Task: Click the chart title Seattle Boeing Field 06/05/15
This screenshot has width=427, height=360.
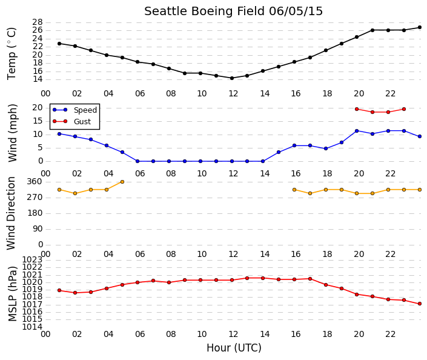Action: [x=233, y=12]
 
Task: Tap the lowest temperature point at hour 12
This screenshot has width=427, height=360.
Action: [x=232, y=78]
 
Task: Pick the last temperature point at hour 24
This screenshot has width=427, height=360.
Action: [x=420, y=27]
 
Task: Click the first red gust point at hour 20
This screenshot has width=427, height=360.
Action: [x=357, y=109]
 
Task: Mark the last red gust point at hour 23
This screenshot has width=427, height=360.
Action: [x=404, y=109]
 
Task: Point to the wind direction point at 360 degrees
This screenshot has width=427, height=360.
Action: [x=122, y=182]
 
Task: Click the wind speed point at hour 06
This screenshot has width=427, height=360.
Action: [x=137, y=161]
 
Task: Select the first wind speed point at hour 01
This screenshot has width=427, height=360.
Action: [x=59, y=134]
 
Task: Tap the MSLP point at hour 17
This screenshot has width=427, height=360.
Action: [x=310, y=279]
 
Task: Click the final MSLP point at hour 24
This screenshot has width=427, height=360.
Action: [x=420, y=304]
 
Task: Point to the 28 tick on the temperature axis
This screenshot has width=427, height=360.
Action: [x=38, y=22]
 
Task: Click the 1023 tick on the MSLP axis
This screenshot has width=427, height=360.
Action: [x=32, y=259]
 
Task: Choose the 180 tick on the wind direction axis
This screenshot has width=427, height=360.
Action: [x=35, y=213]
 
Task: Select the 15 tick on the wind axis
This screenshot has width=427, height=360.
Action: [x=38, y=121]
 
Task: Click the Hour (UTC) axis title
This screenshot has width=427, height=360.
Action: [x=234, y=348]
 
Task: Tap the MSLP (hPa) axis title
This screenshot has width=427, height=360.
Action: [x=13, y=293]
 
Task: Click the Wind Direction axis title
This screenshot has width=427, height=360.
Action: [x=11, y=213]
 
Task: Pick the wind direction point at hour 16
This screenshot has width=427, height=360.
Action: [x=294, y=190]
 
